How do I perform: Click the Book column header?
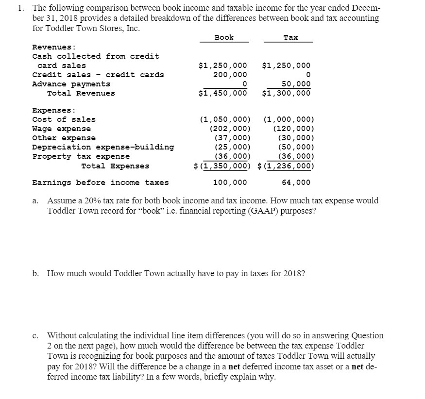click(224, 37)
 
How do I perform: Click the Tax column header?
click(290, 37)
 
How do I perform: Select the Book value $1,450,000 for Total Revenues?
click(223, 93)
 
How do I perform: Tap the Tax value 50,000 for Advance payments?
click(296, 84)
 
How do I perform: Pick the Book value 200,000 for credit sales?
click(230, 75)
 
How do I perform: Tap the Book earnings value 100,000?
click(230, 183)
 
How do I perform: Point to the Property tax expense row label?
click(81, 156)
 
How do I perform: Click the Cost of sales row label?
click(64, 119)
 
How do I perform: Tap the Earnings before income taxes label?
click(101, 183)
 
